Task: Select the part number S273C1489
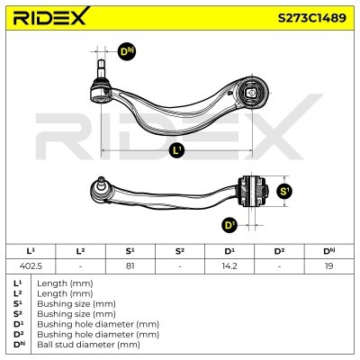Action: coord(312,18)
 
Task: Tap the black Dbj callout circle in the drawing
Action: coord(127,51)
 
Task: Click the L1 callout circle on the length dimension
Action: coord(177,150)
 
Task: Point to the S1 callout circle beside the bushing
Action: coord(284,191)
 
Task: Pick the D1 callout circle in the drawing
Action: coord(229,225)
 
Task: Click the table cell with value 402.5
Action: coord(31,265)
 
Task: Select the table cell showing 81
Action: coord(130,265)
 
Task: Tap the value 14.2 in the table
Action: coord(229,265)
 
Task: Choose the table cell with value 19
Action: coord(329,265)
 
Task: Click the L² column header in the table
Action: coord(80,251)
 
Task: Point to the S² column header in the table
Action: coord(180,251)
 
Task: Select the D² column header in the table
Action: coord(279,251)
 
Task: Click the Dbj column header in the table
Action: coord(329,251)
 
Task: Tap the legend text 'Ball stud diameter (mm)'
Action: coord(88,345)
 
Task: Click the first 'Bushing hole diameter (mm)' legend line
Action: coord(98,324)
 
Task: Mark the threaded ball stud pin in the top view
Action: coord(101,69)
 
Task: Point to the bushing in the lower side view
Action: coord(253,191)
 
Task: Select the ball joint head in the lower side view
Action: coord(99,188)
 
